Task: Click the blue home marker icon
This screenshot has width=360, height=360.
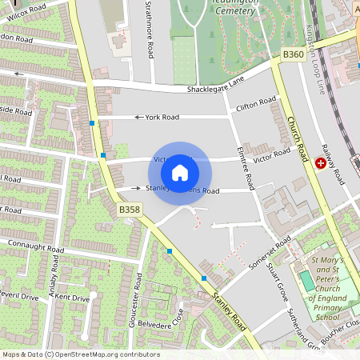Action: pyautogui.click(x=180, y=172)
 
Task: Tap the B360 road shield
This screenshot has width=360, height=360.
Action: pyautogui.click(x=294, y=54)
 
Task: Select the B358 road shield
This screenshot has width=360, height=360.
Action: pyautogui.click(x=130, y=210)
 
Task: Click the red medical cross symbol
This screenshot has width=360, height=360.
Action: pyautogui.click(x=321, y=163)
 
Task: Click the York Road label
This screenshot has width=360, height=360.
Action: pyautogui.click(x=162, y=117)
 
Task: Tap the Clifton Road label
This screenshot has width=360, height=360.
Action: pyautogui.click(x=256, y=104)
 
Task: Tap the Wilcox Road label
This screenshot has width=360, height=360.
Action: pyautogui.click(x=24, y=10)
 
